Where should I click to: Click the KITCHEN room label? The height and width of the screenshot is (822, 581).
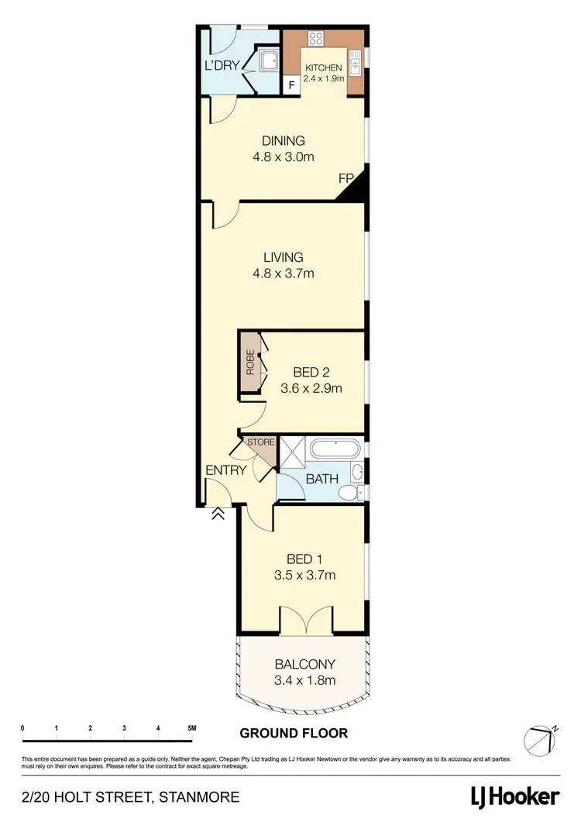[323, 68]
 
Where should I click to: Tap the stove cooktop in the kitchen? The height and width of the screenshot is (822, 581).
[315, 39]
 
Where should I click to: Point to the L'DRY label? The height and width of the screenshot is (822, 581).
[222, 66]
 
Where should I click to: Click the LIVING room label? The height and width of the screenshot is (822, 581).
[283, 257]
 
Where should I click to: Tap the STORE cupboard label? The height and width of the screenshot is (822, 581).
[260, 442]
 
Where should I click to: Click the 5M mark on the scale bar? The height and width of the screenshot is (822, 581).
[191, 728]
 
